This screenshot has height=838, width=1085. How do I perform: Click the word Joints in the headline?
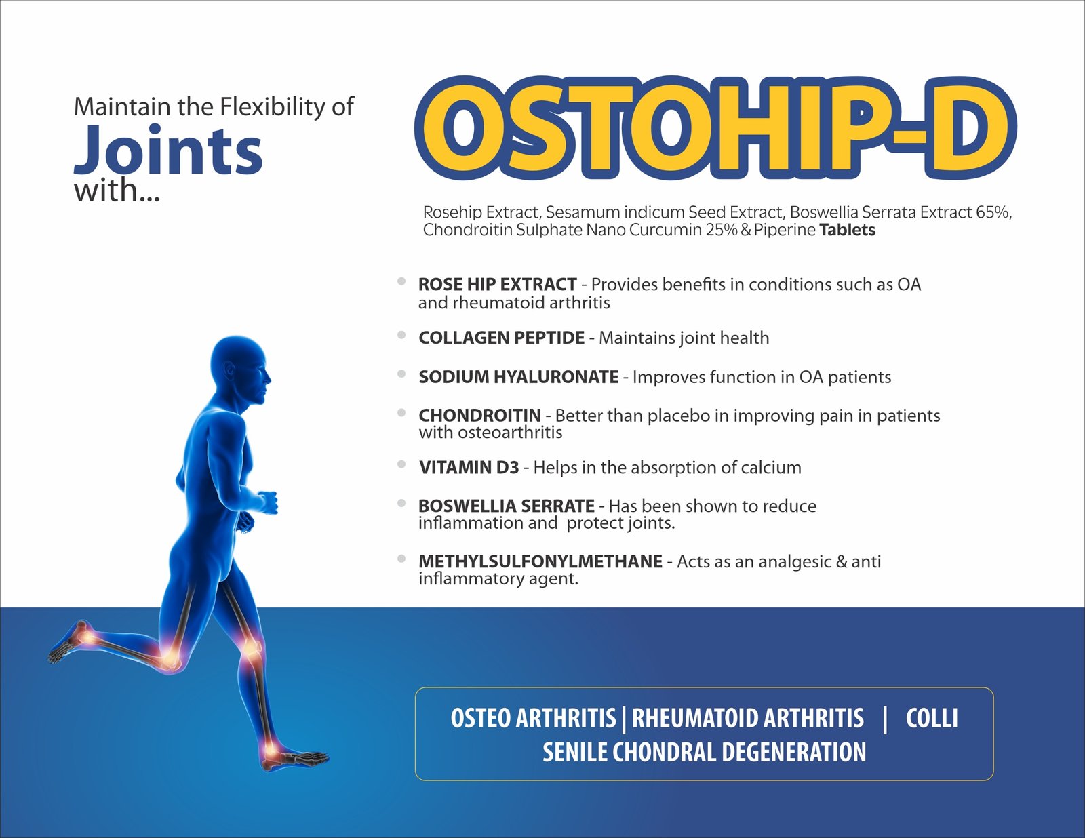pyautogui.click(x=168, y=150)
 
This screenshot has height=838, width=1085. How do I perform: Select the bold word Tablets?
pyautogui.click(x=848, y=230)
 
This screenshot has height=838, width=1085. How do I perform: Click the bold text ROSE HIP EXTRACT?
pyautogui.click(x=497, y=285)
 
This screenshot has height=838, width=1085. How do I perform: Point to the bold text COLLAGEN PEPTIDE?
pyautogui.click(x=501, y=338)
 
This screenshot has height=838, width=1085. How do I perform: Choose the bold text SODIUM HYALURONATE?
pyautogui.click(x=518, y=377)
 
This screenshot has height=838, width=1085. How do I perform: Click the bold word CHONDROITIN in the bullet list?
pyautogui.click(x=480, y=415)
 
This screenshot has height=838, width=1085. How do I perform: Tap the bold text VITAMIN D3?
pyautogui.click(x=469, y=468)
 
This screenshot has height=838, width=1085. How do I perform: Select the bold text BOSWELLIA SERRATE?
pyautogui.click(x=507, y=506)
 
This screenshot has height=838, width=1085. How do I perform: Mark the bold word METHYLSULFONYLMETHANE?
pyautogui.click(x=540, y=561)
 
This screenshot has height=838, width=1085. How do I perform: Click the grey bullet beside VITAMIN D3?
pyautogui.click(x=401, y=464)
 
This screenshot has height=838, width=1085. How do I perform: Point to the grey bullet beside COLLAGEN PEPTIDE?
pyautogui.click(x=401, y=335)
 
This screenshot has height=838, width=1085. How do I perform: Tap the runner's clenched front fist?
pyautogui.click(x=267, y=502)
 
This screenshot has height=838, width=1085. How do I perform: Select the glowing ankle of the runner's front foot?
pyautogui.click(x=270, y=749)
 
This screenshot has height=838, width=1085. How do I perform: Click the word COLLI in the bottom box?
pyautogui.click(x=932, y=719)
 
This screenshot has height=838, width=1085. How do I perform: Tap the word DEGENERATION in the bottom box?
pyautogui.click(x=793, y=752)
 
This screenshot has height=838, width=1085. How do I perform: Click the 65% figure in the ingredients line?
pyautogui.click(x=993, y=213)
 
